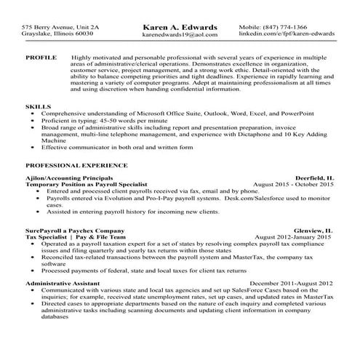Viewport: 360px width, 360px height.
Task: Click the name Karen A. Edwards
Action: pyautogui.click(x=179, y=27)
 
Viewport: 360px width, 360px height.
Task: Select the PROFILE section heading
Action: pyautogui.click(x=41, y=56)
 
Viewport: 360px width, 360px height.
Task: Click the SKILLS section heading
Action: pyautogui.click(x=37, y=106)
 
